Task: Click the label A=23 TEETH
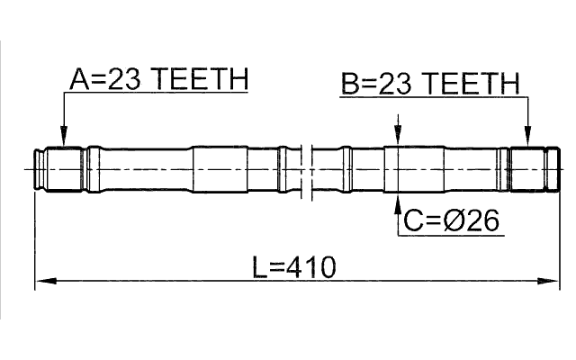pyautogui.click(x=158, y=81)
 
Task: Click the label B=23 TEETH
pyautogui.click(x=430, y=85)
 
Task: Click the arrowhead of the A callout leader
pyautogui.click(x=63, y=141)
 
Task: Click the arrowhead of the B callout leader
pyautogui.click(x=527, y=141)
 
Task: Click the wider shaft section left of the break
pyautogui.click(x=220, y=168)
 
